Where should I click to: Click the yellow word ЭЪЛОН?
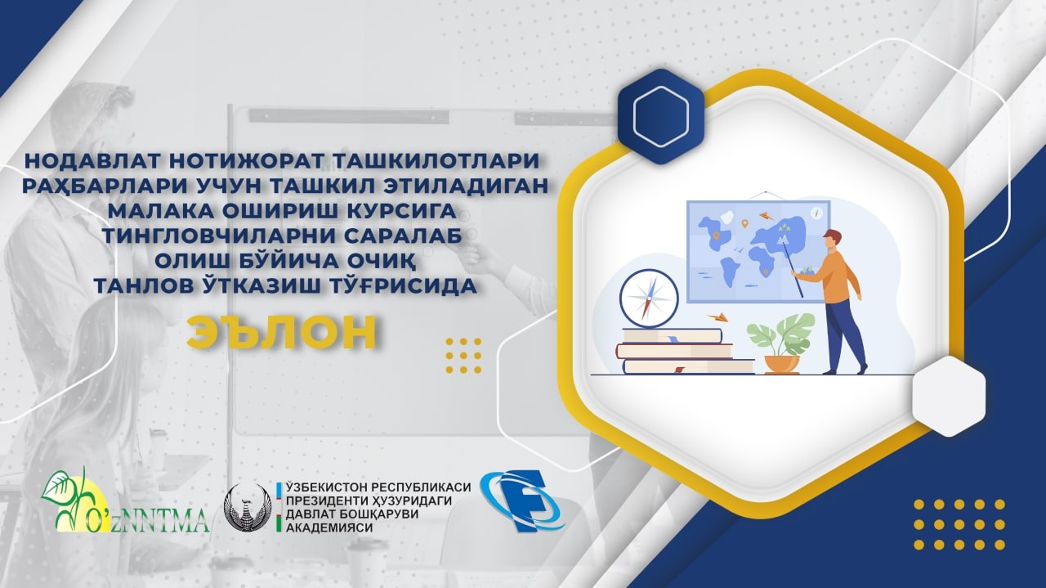[x=282, y=332]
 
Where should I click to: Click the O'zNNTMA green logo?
[x=125, y=501]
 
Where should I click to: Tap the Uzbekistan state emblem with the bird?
[x=248, y=508]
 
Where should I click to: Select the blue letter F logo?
[x=522, y=501]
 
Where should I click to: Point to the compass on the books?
[x=649, y=298]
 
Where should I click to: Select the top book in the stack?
[x=673, y=335]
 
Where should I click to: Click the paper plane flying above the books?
[x=718, y=317]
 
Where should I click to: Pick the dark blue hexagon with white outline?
[x=661, y=116]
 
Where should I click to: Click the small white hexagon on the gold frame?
[x=949, y=396]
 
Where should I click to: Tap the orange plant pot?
[x=782, y=365]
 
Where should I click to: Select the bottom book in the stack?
[x=689, y=366]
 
